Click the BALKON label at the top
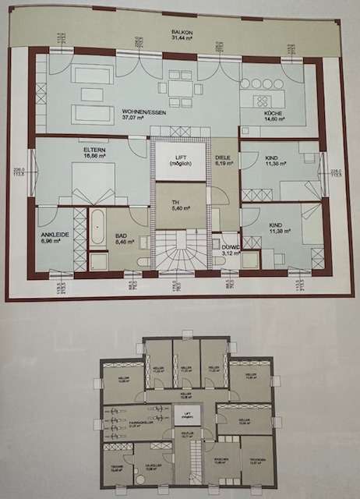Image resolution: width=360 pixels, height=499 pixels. tap(184, 33)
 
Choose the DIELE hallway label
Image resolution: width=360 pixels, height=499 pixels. tap(224, 157)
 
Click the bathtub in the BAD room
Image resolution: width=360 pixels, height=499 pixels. tap(98, 227)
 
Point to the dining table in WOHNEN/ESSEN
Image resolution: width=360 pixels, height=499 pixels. tap(180, 90)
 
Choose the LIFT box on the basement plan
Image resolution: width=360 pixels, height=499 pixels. tap(186, 416)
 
